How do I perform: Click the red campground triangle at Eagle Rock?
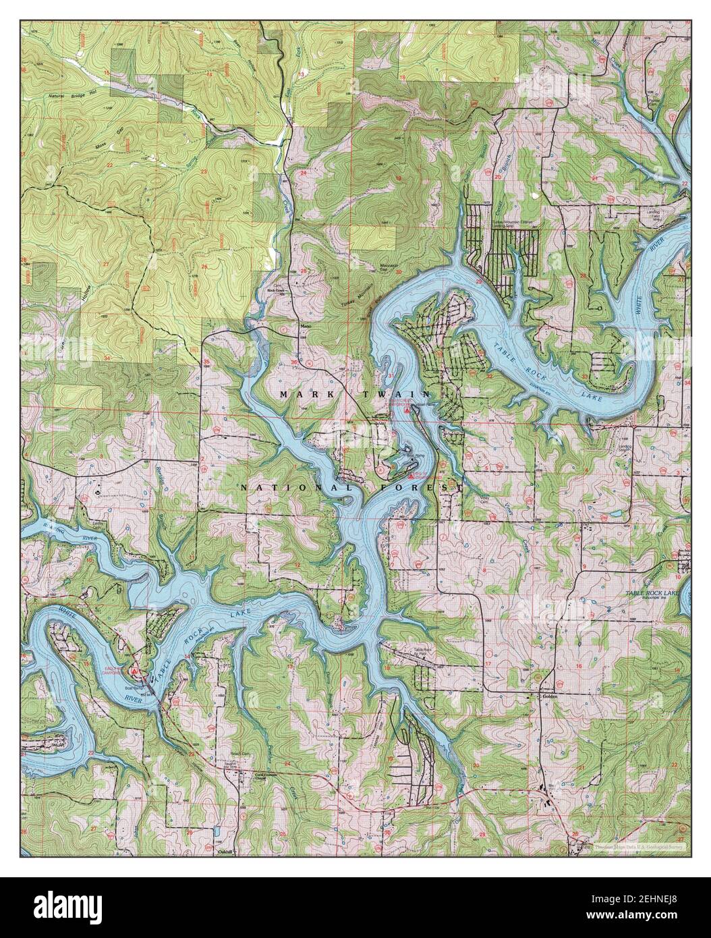[136, 671]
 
